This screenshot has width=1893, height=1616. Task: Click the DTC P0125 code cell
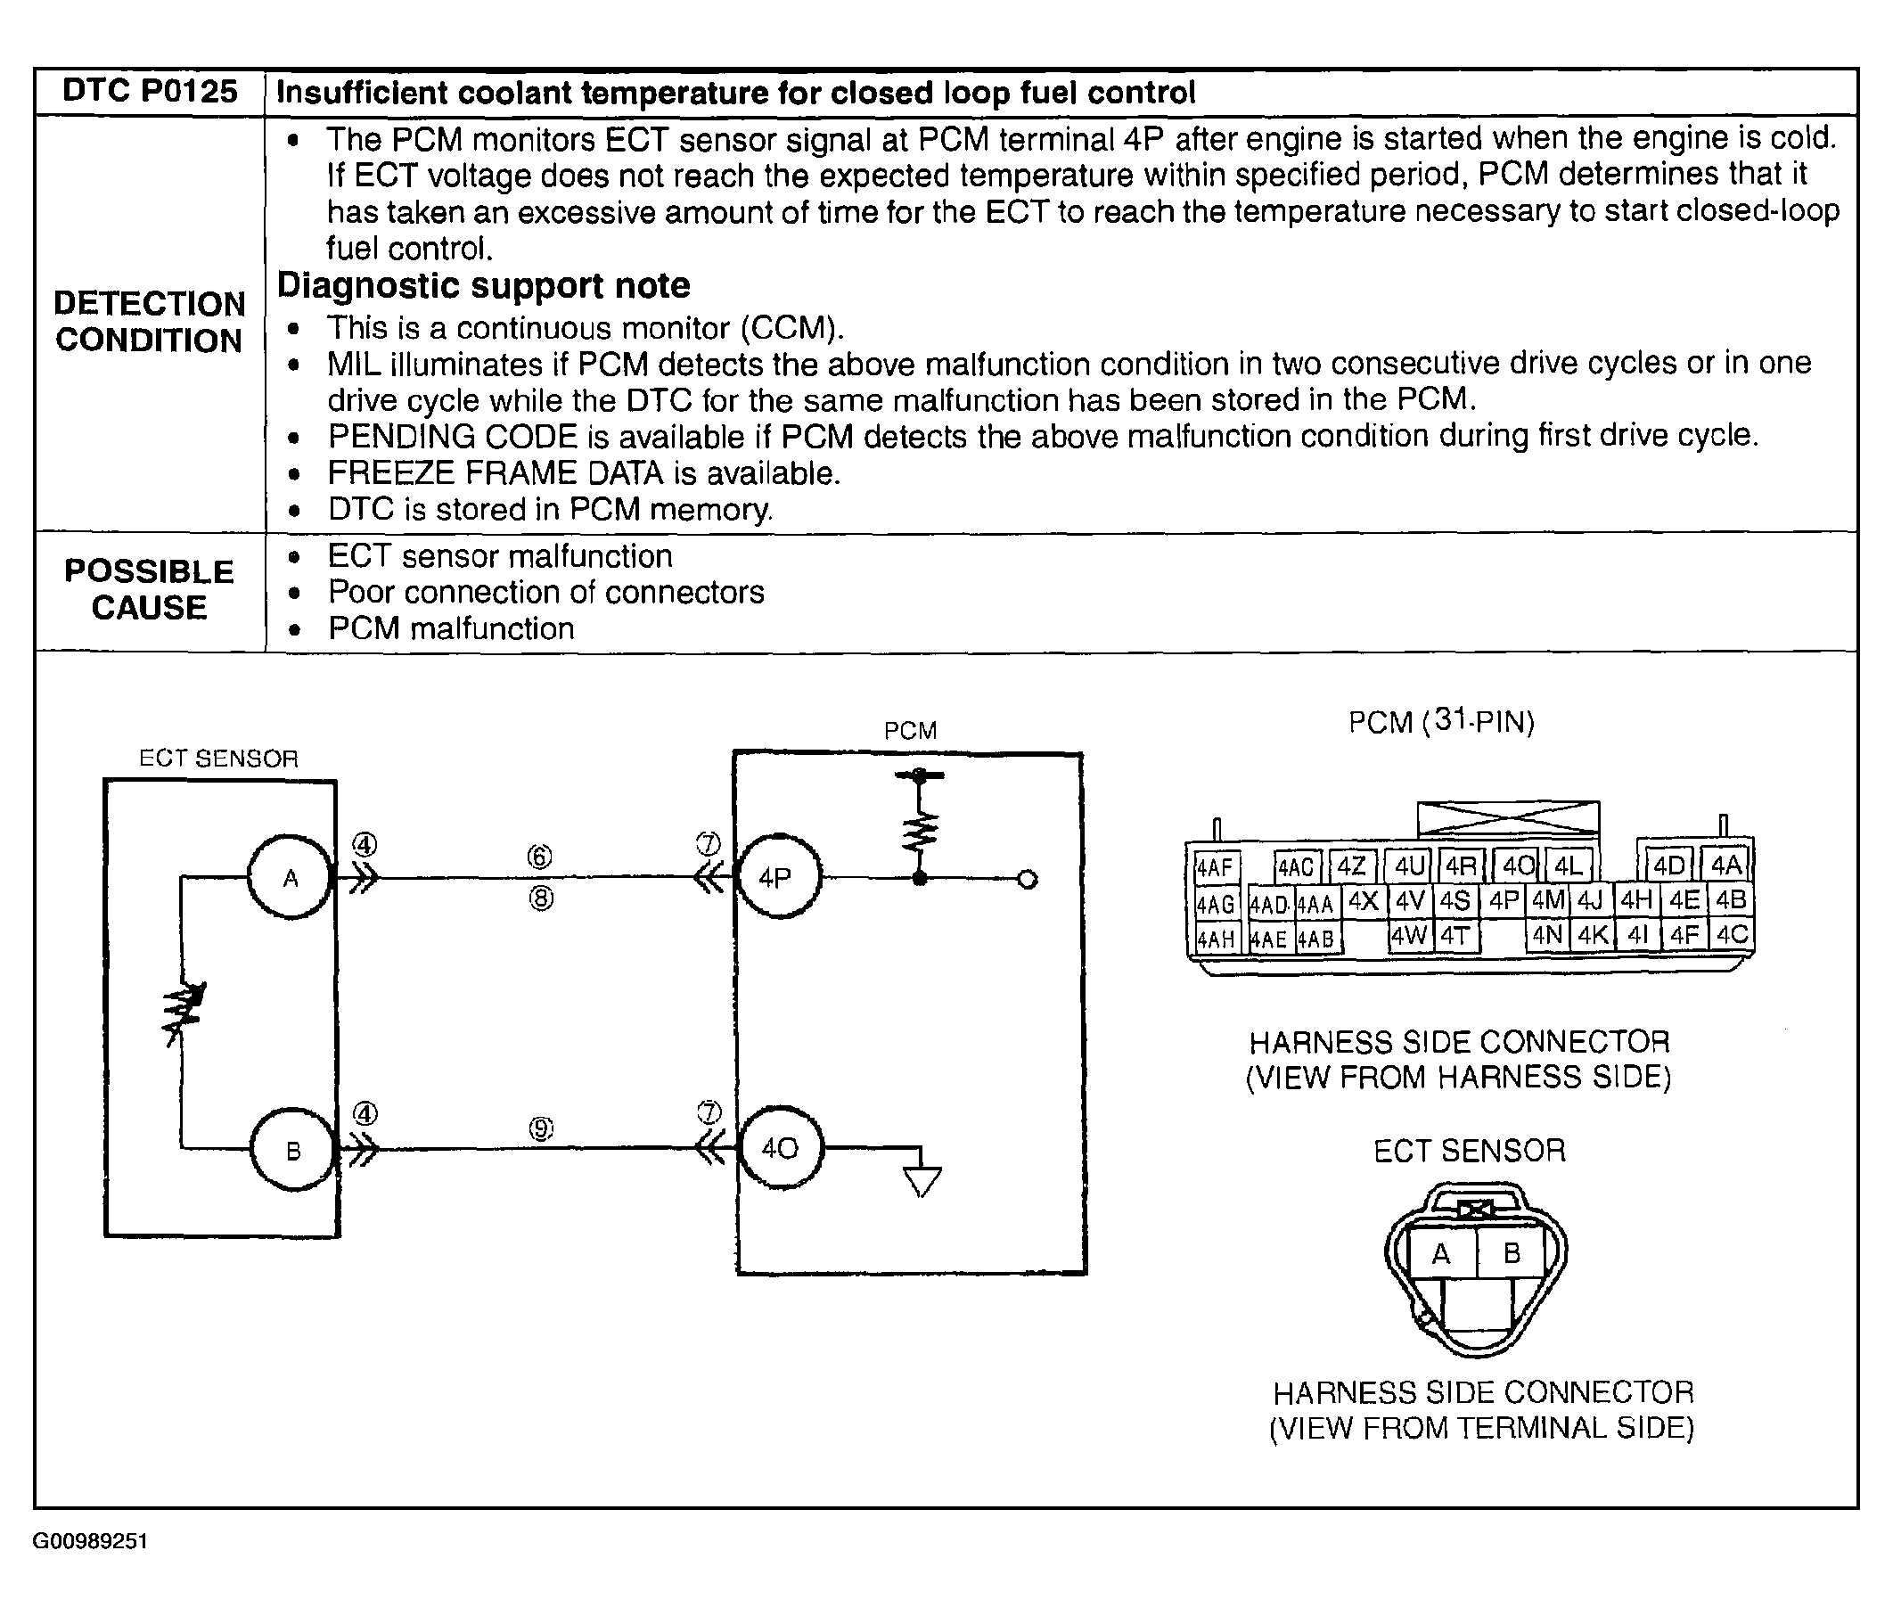(150, 91)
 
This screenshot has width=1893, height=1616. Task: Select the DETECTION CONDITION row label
(149, 322)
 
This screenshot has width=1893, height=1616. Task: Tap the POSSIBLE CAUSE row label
(149, 589)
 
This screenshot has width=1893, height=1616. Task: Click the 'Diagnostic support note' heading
(483, 286)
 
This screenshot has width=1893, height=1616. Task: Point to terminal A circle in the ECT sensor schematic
(291, 877)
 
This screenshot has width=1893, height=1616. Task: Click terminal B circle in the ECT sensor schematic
(292, 1149)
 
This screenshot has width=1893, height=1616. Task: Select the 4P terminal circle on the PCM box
(777, 877)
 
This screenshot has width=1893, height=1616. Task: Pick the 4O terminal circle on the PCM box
(779, 1147)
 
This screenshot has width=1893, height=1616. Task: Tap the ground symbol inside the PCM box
(922, 1181)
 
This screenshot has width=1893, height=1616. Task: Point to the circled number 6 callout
(540, 857)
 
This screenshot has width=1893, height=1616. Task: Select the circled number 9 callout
(541, 1129)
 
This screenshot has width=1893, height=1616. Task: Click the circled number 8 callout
(541, 898)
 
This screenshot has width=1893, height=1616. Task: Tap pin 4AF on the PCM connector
(1214, 866)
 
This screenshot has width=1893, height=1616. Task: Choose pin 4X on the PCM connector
(1363, 902)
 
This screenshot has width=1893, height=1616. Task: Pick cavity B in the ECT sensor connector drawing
(1512, 1252)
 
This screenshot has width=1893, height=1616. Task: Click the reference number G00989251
(89, 1541)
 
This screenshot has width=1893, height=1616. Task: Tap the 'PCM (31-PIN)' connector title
(1442, 722)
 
